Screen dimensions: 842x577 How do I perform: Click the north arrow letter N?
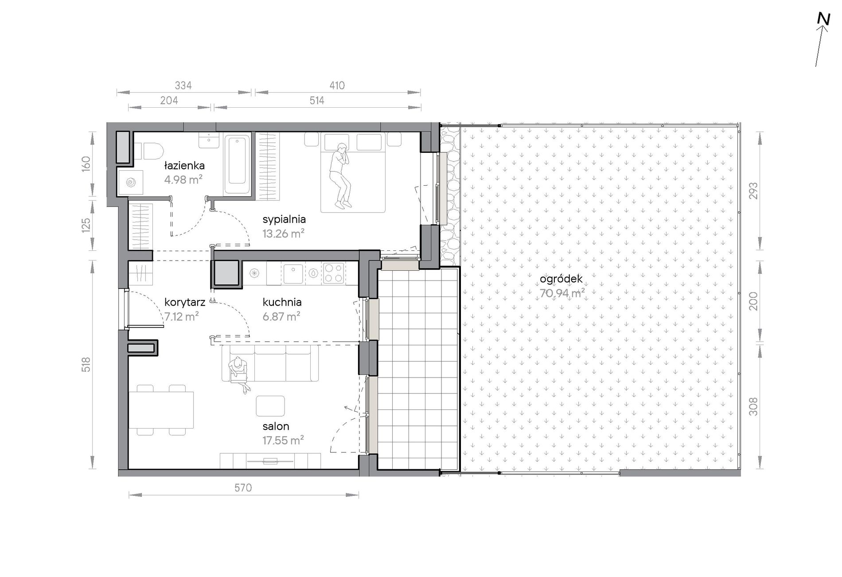(x=823, y=19)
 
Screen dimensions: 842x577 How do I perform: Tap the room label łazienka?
(x=184, y=166)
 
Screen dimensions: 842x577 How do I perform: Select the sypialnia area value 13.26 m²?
(x=283, y=234)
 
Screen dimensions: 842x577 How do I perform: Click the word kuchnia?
(x=282, y=302)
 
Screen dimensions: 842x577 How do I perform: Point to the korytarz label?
(x=184, y=303)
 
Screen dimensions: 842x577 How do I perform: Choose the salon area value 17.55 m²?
(x=283, y=441)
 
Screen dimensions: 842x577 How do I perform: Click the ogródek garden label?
(x=561, y=279)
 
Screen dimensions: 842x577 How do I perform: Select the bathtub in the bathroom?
(x=238, y=164)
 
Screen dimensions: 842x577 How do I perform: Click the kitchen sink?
(x=293, y=274)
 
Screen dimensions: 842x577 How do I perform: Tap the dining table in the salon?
(x=161, y=410)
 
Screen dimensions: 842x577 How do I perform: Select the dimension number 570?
(x=243, y=488)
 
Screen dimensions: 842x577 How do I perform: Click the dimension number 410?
(x=337, y=86)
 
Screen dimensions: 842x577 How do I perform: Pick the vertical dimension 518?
(x=86, y=364)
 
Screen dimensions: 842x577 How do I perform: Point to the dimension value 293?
(x=753, y=191)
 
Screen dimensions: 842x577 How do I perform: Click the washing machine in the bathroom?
(x=131, y=182)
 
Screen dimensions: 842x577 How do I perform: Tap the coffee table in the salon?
(x=270, y=406)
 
